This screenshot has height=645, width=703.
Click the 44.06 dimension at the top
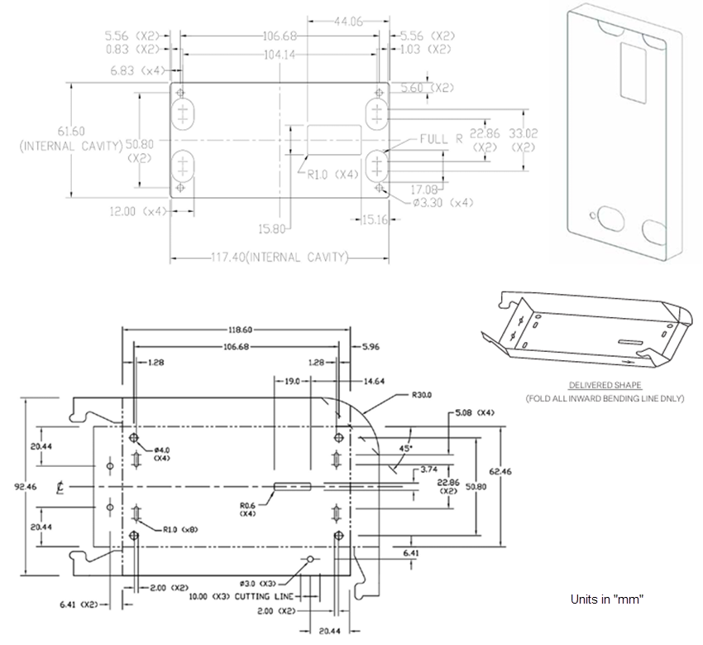347,22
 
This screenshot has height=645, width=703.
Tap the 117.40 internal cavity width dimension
279,258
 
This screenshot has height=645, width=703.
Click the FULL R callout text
441,139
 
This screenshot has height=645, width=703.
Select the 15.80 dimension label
273,229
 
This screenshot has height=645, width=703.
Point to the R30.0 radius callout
423,396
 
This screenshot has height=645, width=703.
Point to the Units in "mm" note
607,599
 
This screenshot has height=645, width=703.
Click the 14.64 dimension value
374,381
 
